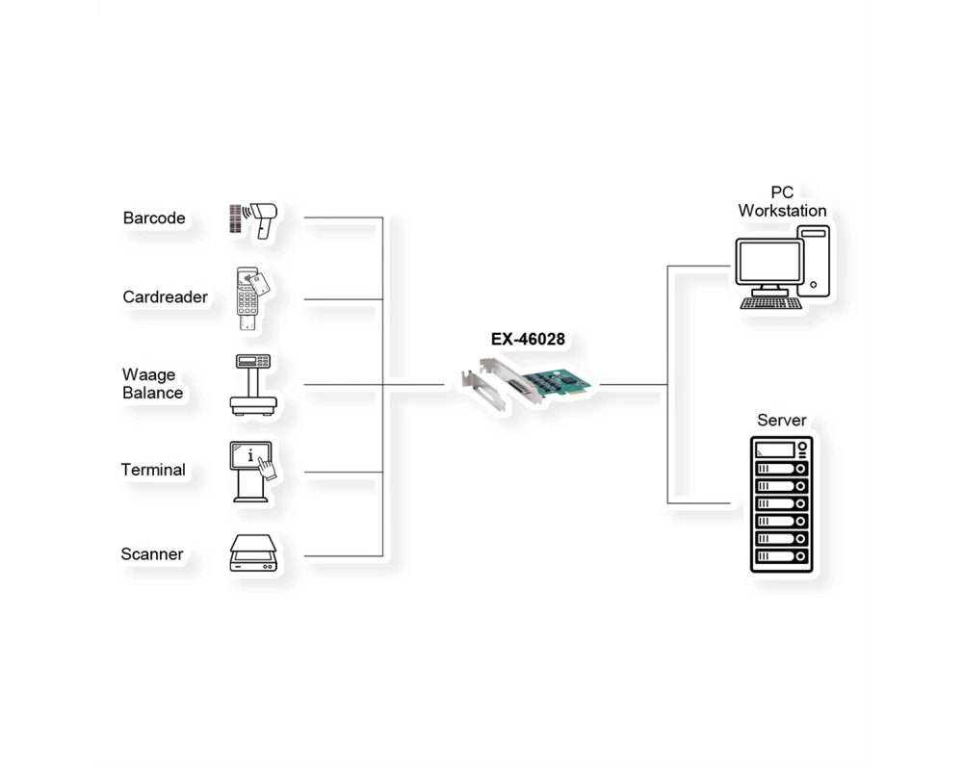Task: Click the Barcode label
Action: [154, 218]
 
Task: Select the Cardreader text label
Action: [166, 297]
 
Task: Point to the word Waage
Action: [148, 374]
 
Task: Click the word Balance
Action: [153, 393]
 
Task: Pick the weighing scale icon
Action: [253, 385]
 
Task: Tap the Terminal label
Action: [153, 470]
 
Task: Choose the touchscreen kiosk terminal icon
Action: [252, 472]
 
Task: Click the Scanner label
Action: [152, 554]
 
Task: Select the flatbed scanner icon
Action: [253, 553]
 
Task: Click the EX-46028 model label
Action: [528, 339]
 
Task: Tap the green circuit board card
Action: [555, 384]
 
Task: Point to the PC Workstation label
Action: [782, 201]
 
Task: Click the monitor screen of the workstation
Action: [770, 262]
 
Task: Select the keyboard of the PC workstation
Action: [770, 303]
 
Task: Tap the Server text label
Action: [781, 421]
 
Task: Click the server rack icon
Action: [781, 504]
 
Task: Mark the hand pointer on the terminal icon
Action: [267, 469]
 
